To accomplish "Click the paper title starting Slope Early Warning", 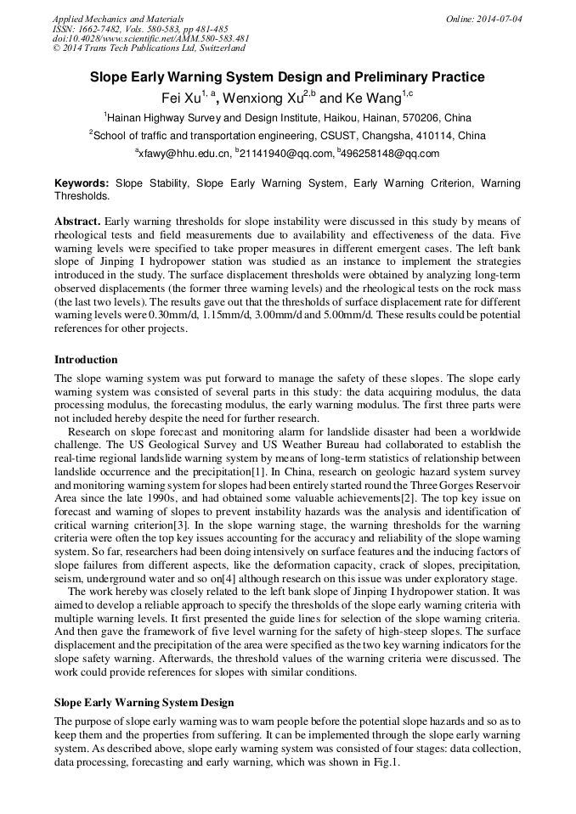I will point(287,77).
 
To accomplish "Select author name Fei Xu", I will point(181,99).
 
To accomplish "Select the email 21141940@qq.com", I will point(286,154).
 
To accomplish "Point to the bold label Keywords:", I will point(82,183).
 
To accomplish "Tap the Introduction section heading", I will point(86,360).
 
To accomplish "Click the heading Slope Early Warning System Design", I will point(144,703).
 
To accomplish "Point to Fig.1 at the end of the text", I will point(384,762).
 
